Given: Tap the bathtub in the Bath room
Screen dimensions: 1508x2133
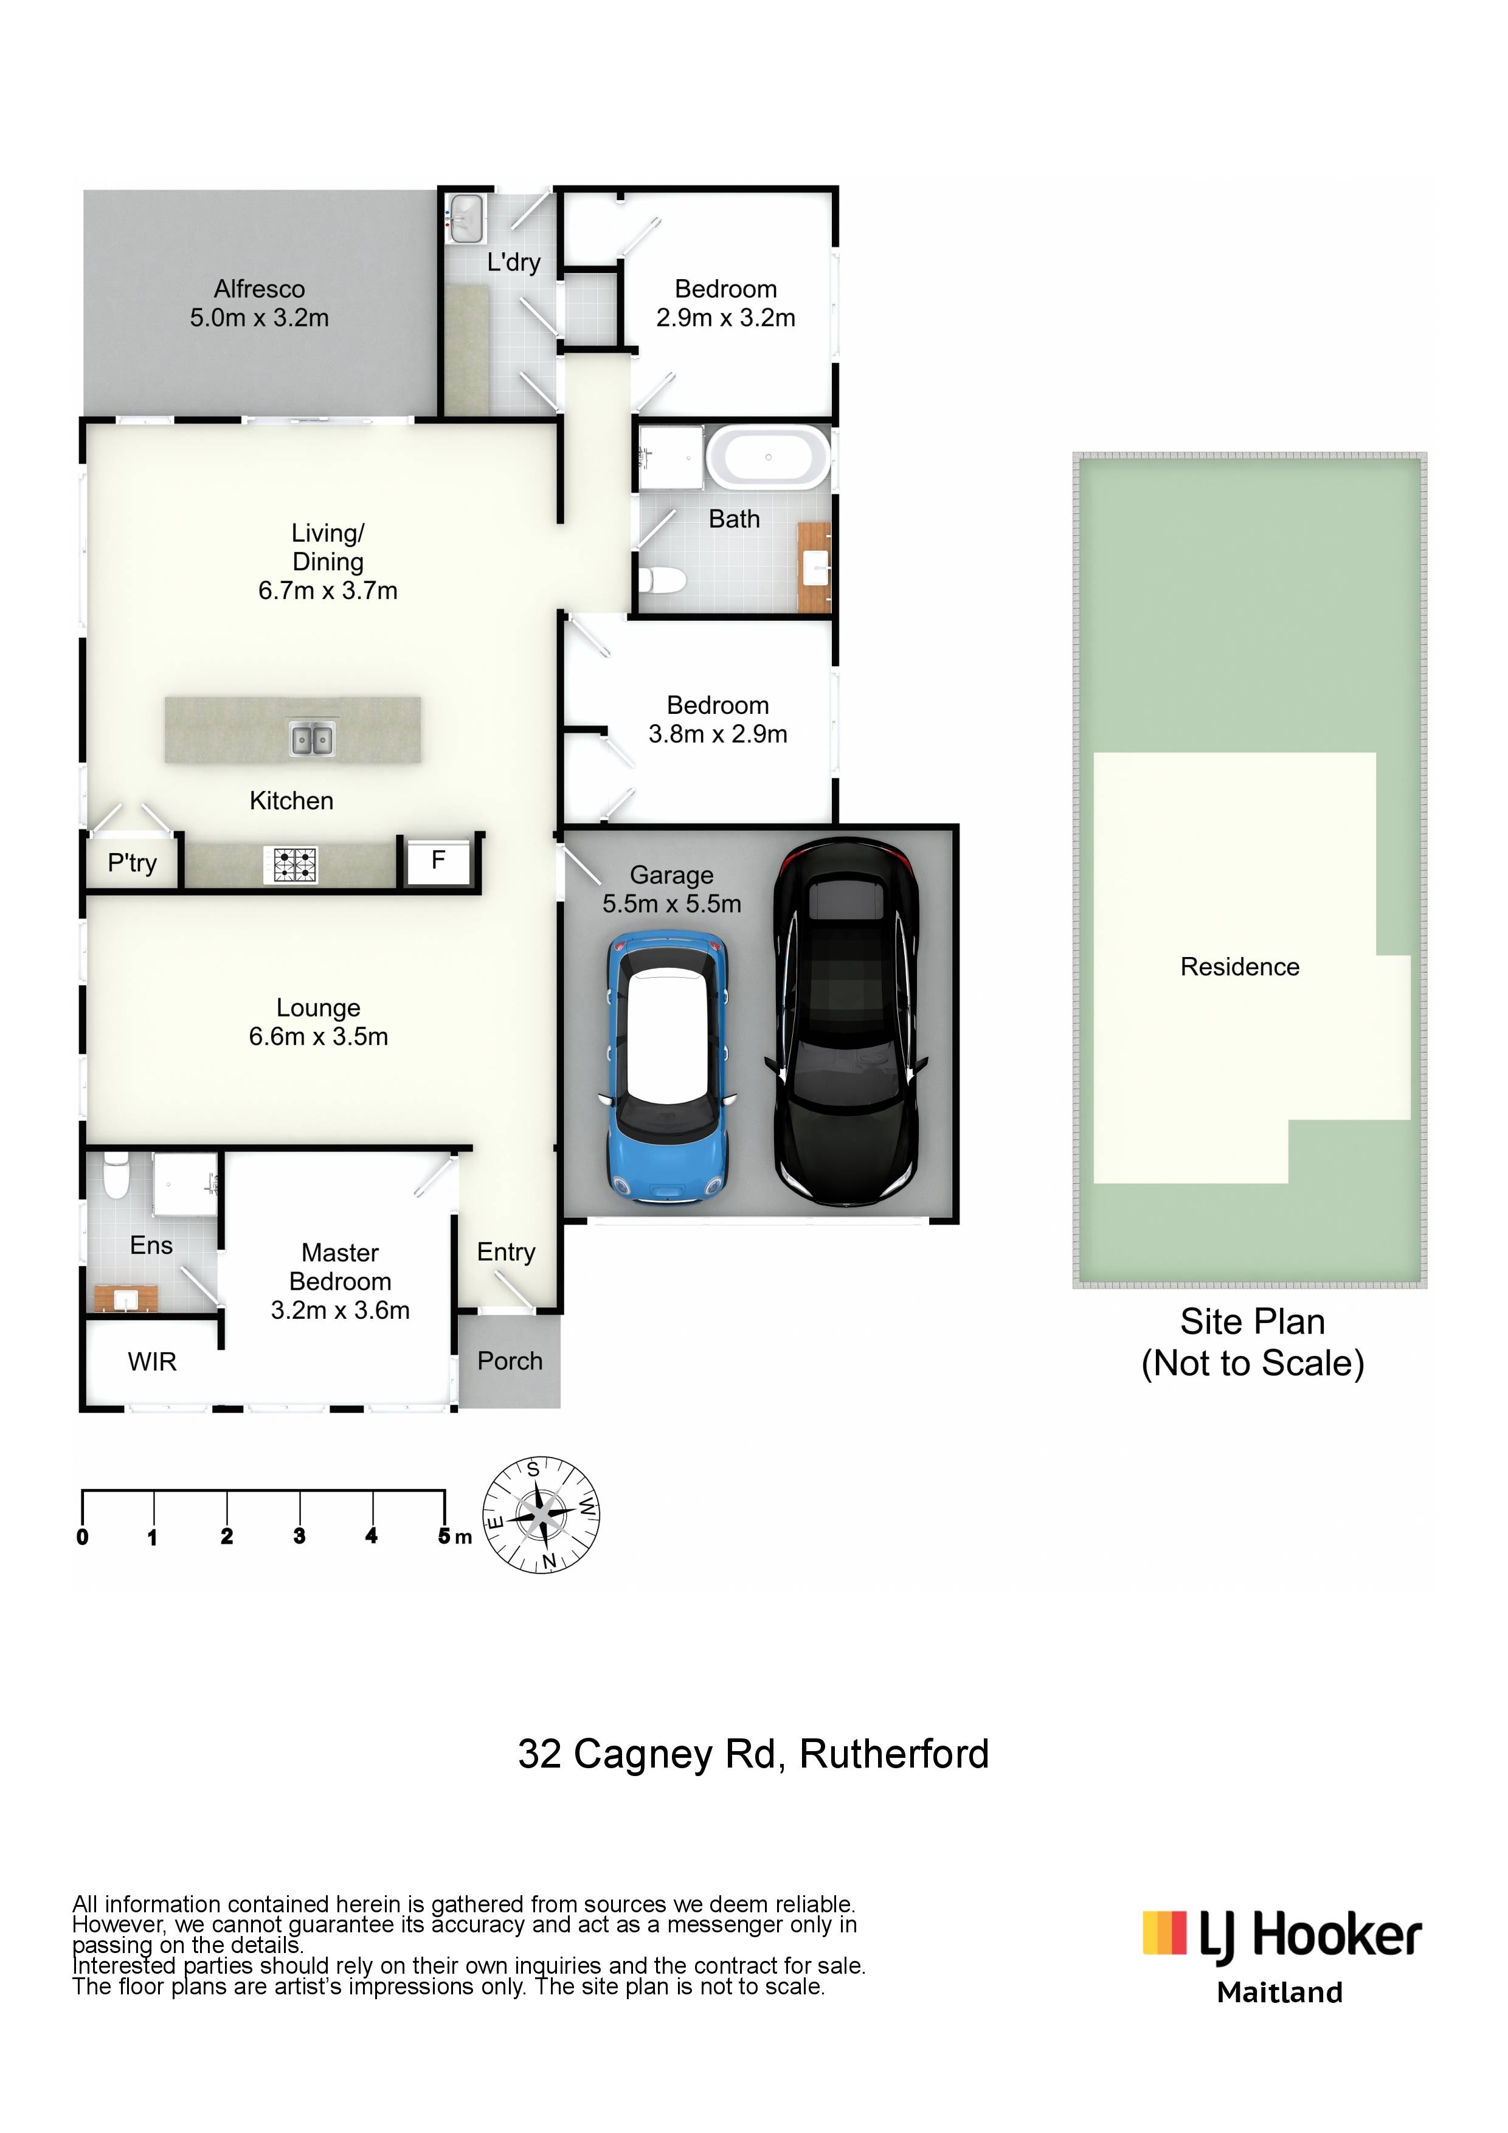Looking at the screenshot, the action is [x=769, y=457].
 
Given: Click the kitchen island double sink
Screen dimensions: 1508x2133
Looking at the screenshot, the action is [x=312, y=739].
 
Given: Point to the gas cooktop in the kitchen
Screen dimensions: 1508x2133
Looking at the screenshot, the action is [x=292, y=865].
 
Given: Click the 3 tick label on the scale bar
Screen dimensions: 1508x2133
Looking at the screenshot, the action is [x=299, y=1536].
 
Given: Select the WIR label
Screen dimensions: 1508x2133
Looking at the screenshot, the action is [x=153, y=1362].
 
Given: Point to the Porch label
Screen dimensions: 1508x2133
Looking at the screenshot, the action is [x=510, y=1361].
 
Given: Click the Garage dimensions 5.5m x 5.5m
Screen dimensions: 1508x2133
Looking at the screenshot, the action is [x=672, y=904].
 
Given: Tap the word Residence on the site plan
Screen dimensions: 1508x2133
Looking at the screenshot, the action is [x=1240, y=967].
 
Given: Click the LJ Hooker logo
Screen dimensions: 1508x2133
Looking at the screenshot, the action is [x=1282, y=1938].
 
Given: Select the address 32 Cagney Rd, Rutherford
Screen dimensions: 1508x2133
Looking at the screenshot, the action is [x=753, y=1755].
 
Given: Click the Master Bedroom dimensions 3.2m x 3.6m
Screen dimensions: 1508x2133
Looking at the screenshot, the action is [x=340, y=1311].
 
